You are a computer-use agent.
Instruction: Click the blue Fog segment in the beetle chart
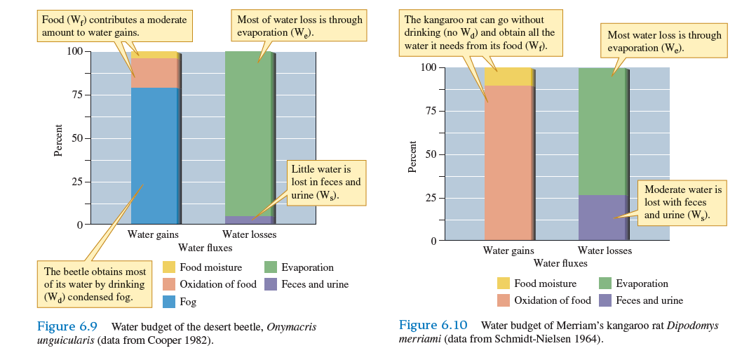point(154,154)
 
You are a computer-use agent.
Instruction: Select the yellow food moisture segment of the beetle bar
point(154,55)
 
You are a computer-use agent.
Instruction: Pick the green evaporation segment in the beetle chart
point(249,133)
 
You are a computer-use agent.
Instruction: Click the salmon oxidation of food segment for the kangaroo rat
point(508,161)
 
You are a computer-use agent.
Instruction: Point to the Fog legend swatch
point(169,302)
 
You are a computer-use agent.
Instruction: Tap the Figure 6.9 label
point(66,326)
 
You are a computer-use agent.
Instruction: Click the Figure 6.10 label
point(433,325)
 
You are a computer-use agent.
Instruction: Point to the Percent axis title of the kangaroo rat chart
point(412,156)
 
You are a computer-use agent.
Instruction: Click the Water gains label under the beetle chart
point(153,234)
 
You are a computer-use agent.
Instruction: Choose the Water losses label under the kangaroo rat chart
point(605,251)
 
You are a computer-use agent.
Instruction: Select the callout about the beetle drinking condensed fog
point(95,284)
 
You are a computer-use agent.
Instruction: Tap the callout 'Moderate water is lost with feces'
point(682,202)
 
